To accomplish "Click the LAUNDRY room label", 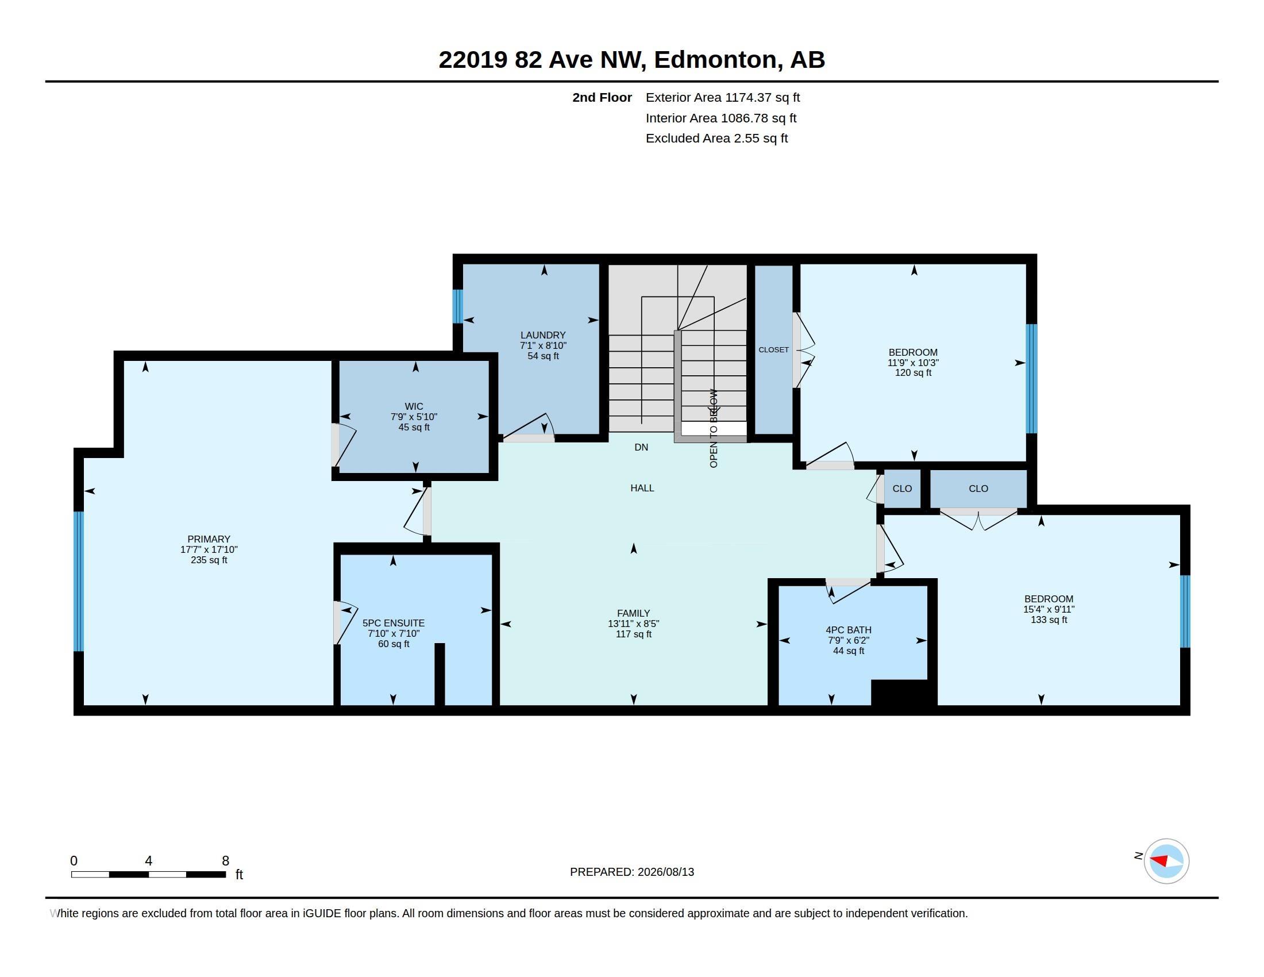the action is click(543, 335).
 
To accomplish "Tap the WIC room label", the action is click(414, 406).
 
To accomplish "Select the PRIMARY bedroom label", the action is click(209, 539).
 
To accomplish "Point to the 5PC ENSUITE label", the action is click(394, 623).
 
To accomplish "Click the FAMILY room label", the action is click(633, 613).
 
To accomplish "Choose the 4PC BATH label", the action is click(849, 630).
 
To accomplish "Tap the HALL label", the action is click(642, 488).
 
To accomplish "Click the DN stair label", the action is click(641, 447).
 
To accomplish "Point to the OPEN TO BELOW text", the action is click(714, 428).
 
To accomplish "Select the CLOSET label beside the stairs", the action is click(774, 349).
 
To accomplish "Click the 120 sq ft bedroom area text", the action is click(914, 373).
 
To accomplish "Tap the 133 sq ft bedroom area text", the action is click(1049, 620).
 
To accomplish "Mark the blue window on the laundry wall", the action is click(457, 306).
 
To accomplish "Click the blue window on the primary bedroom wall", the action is click(79, 581).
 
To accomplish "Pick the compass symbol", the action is click(1166, 861).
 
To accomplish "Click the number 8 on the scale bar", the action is click(226, 861).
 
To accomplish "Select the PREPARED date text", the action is click(632, 872).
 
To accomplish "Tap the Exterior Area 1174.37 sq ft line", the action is click(723, 98).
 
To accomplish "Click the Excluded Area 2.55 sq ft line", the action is click(717, 139).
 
